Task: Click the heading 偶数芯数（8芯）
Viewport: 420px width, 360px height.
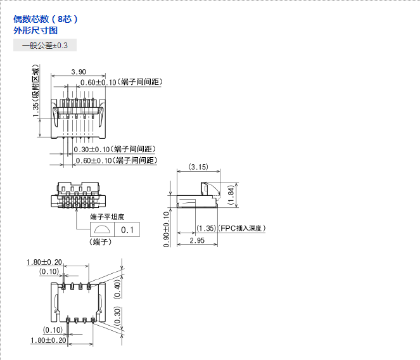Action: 46,19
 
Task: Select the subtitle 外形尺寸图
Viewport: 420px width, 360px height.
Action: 35,30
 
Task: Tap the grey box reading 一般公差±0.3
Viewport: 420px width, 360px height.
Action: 45,46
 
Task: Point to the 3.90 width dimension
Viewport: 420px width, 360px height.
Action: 79,72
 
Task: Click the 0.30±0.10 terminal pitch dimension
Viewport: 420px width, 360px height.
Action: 92,150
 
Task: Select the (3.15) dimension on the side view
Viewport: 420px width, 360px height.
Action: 199,167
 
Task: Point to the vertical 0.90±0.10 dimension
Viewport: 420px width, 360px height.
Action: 166,228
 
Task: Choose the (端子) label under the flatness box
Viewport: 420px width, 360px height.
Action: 101,242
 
